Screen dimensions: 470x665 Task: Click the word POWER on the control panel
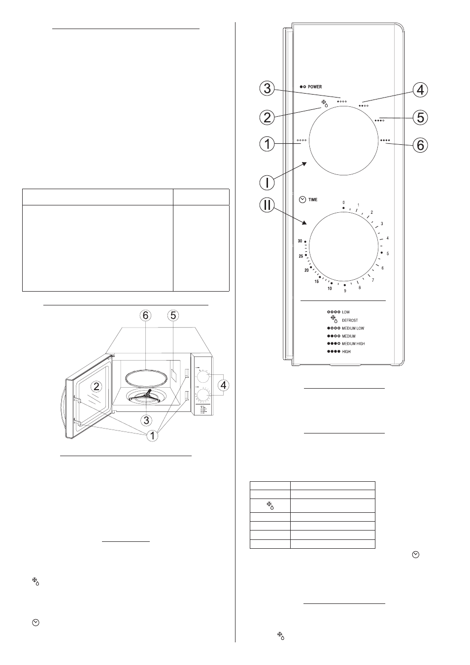(x=315, y=87)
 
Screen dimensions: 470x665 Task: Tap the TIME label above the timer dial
(x=313, y=199)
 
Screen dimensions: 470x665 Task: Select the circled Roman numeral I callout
(x=267, y=183)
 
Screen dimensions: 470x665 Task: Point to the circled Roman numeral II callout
(x=267, y=205)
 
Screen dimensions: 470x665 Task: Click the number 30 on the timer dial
(x=300, y=241)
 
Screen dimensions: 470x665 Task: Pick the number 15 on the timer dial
(x=316, y=281)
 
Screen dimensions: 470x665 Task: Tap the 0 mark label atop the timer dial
(x=343, y=202)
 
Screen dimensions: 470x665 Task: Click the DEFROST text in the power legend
(x=350, y=320)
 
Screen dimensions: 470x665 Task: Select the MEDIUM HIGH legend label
(x=353, y=343)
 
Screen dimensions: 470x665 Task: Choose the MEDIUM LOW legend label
(x=353, y=328)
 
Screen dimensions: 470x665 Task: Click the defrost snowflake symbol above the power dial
(x=325, y=103)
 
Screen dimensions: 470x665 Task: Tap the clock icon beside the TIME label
(x=302, y=199)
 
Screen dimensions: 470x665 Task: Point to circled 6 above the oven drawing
(x=145, y=315)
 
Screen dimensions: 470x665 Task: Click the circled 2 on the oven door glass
(x=96, y=386)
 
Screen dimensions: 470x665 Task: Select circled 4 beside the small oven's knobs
(x=223, y=385)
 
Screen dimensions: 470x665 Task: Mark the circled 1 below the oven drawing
(x=153, y=436)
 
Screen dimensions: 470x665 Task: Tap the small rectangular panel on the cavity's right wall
(x=173, y=375)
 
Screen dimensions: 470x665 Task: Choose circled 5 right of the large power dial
(x=420, y=118)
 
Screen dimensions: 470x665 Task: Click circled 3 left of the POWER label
(x=267, y=89)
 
